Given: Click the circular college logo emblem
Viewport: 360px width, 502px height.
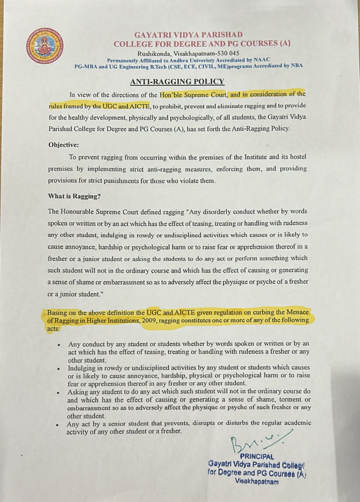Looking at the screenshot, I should [x=44, y=46].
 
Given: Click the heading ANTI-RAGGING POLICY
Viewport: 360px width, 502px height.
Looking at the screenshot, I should [x=177, y=82].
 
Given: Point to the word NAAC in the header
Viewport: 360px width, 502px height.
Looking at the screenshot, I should [x=262, y=60].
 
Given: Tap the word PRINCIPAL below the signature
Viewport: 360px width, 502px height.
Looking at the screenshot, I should [x=257, y=457].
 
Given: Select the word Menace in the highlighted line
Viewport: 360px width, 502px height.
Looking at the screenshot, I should [x=297, y=312].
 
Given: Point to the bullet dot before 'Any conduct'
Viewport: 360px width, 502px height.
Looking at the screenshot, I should [x=59, y=344].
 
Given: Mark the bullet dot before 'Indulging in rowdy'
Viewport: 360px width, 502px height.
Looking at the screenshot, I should [x=58, y=368].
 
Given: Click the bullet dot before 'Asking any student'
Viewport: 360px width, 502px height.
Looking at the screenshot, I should [x=58, y=392].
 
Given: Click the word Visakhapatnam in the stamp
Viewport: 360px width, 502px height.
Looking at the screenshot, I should [x=257, y=482].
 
